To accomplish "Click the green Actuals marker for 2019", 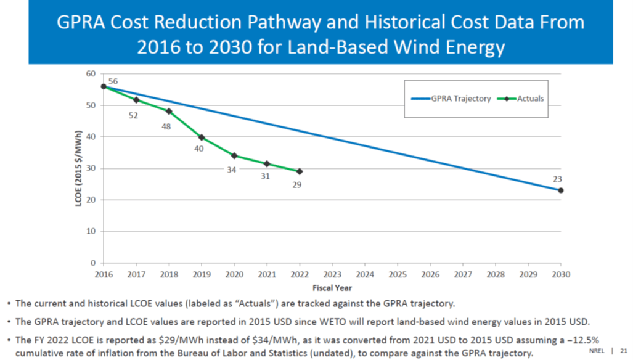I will click(202, 137).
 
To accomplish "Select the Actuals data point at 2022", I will click(300, 171).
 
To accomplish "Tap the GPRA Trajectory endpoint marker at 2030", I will click(560, 190).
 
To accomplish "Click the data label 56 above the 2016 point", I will click(113, 81).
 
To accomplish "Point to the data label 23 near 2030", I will click(557, 179).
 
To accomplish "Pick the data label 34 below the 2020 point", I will click(231, 170).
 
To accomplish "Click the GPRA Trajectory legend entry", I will click(449, 99).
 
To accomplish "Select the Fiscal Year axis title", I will click(332, 288).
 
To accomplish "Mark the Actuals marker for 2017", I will click(136, 100).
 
